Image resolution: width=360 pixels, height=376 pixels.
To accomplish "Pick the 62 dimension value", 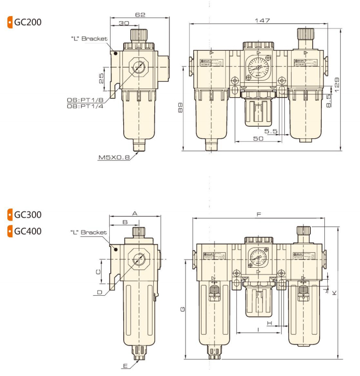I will tap(140, 15).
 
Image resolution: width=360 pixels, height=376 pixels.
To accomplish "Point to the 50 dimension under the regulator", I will tap(258, 138).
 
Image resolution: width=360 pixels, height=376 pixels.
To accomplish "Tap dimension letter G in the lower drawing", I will tap(182, 309).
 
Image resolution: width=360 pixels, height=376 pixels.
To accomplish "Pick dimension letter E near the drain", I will tap(125, 366).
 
